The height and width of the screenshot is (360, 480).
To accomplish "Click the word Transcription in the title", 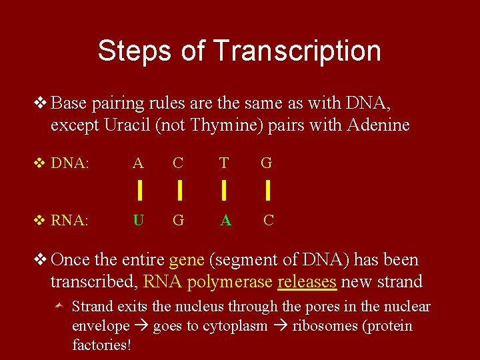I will tap(297, 51).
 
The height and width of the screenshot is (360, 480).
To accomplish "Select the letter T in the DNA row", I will tap(224, 163).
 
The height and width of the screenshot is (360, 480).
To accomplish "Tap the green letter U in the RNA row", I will tap(138, 219).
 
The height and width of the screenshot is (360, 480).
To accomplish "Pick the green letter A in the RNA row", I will tap(225, 219).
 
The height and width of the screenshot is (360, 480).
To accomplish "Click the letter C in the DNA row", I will tap(178, 163).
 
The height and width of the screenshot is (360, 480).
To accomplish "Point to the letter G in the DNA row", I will tap(267, 163).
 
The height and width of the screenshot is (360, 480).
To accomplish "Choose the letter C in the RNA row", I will tap(268, 219).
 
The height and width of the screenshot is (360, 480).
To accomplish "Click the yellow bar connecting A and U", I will tap(139, 191).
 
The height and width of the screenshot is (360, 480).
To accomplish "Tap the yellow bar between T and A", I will tap(224, 191).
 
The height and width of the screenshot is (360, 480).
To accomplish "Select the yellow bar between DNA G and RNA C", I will tap(267, 191).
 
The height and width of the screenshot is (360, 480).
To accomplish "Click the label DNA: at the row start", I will tap(69, 163).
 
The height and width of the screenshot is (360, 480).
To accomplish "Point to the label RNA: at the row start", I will tap(69, 220).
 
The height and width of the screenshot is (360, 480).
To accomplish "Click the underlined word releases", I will tap(307, 282).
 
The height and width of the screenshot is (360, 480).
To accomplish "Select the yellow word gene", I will tap(187, 260).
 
